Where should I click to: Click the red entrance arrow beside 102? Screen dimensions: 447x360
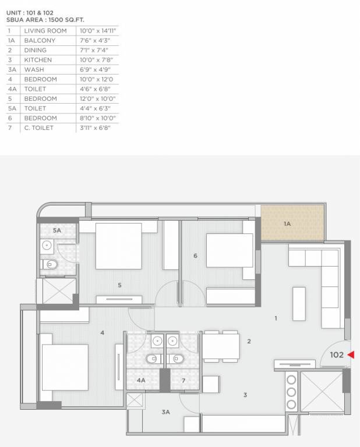coord(351,354)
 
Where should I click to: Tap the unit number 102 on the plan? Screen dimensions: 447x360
coord(337,354)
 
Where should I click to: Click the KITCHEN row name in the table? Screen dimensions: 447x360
coord(38,60)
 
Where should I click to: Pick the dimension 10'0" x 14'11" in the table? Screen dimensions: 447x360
coord(97,30)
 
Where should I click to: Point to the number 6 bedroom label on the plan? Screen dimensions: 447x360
coord(195,256)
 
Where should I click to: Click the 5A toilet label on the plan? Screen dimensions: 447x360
coord(57,231)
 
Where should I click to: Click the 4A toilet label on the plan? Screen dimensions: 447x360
coord(141,381)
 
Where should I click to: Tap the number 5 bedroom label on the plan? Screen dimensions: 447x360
coord(119,285)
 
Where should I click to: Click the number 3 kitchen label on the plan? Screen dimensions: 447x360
coord(245,395)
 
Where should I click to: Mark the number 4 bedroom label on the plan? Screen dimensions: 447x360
coord(102,333)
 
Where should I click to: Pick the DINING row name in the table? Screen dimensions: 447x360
coord(36,50)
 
